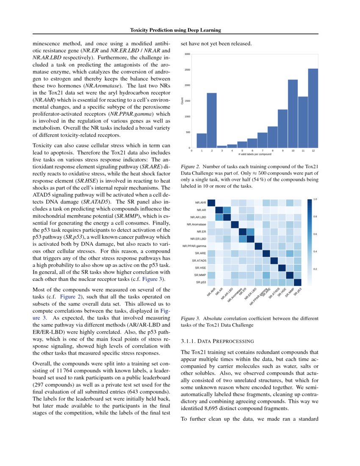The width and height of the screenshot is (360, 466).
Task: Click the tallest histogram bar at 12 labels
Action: coord(313,108)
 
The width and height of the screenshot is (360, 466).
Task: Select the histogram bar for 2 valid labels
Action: coord(212,120)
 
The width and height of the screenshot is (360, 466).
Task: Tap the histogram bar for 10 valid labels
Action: coord(293,113)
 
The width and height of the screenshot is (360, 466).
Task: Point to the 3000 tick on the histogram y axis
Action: coord(187,54)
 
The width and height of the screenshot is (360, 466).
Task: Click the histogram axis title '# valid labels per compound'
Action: coord(252,154)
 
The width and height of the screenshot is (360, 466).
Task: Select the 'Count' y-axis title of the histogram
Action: coord(183,101)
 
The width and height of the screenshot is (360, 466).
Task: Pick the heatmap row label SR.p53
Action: coord(200,282)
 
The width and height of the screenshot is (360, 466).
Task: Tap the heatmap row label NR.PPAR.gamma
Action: coord(194,246)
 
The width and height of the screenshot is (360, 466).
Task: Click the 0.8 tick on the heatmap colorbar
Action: coord(315,216)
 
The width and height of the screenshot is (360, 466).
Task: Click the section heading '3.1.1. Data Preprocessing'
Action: coord(217,341)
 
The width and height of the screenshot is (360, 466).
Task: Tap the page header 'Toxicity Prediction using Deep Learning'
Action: coord(175,30)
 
